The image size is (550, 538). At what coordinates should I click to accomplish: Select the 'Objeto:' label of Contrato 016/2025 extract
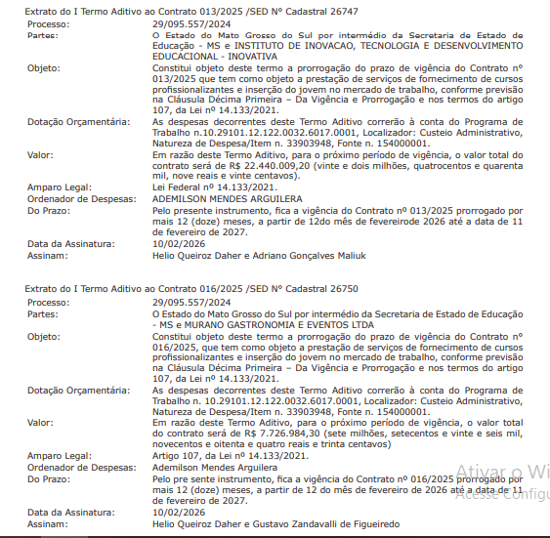(44, 335)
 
